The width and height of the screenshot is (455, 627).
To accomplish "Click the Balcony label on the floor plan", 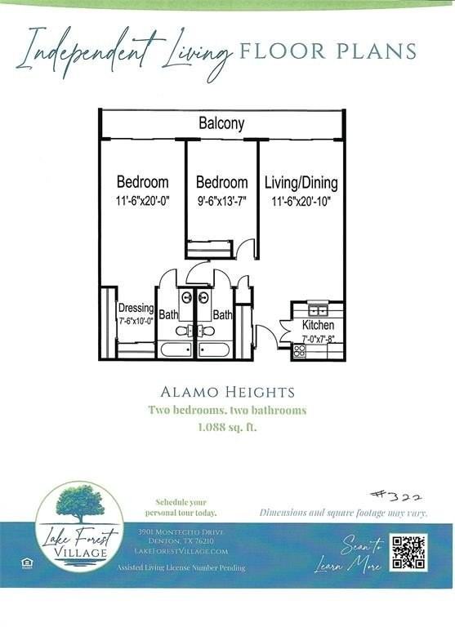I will [221, 124].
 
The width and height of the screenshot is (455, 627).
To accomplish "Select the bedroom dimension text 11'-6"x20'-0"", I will [142, 198].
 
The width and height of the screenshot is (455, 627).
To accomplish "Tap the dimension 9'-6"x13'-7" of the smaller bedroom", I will [221, 198].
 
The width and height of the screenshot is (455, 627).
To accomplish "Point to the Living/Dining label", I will [301, 183].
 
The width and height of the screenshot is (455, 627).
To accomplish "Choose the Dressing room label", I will [136, 308].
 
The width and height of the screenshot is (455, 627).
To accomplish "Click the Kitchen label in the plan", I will [318, 325].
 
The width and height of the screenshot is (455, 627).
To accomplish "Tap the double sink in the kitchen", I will [317, 309].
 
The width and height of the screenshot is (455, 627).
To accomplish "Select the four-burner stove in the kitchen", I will [300, 350].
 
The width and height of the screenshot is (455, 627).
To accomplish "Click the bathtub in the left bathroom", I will [176, 350].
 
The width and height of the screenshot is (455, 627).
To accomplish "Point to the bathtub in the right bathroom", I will [215, 350].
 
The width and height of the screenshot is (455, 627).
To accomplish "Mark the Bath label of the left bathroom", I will [168, 313].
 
